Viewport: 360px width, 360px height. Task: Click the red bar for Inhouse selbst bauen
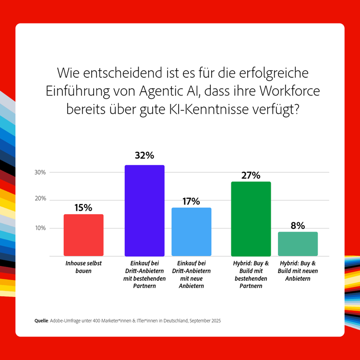click(84, 235)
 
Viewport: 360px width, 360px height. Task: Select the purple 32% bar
click(144, 210)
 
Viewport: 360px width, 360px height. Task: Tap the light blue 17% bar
click(192, 231)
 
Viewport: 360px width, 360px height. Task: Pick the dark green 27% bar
click(251, 218)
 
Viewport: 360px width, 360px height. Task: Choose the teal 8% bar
click(298, 244)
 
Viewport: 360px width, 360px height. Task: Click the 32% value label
click(144, 156)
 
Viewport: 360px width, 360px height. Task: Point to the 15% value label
click(83, 207)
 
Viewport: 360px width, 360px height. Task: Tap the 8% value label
click(298, 225)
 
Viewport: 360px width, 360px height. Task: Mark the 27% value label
click(251, 175)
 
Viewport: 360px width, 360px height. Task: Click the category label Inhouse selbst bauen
click(84, 267)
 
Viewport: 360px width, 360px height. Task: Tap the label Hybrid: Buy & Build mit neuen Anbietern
click(298, 271)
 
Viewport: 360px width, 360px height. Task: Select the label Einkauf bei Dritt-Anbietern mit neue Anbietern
click(192, 275)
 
